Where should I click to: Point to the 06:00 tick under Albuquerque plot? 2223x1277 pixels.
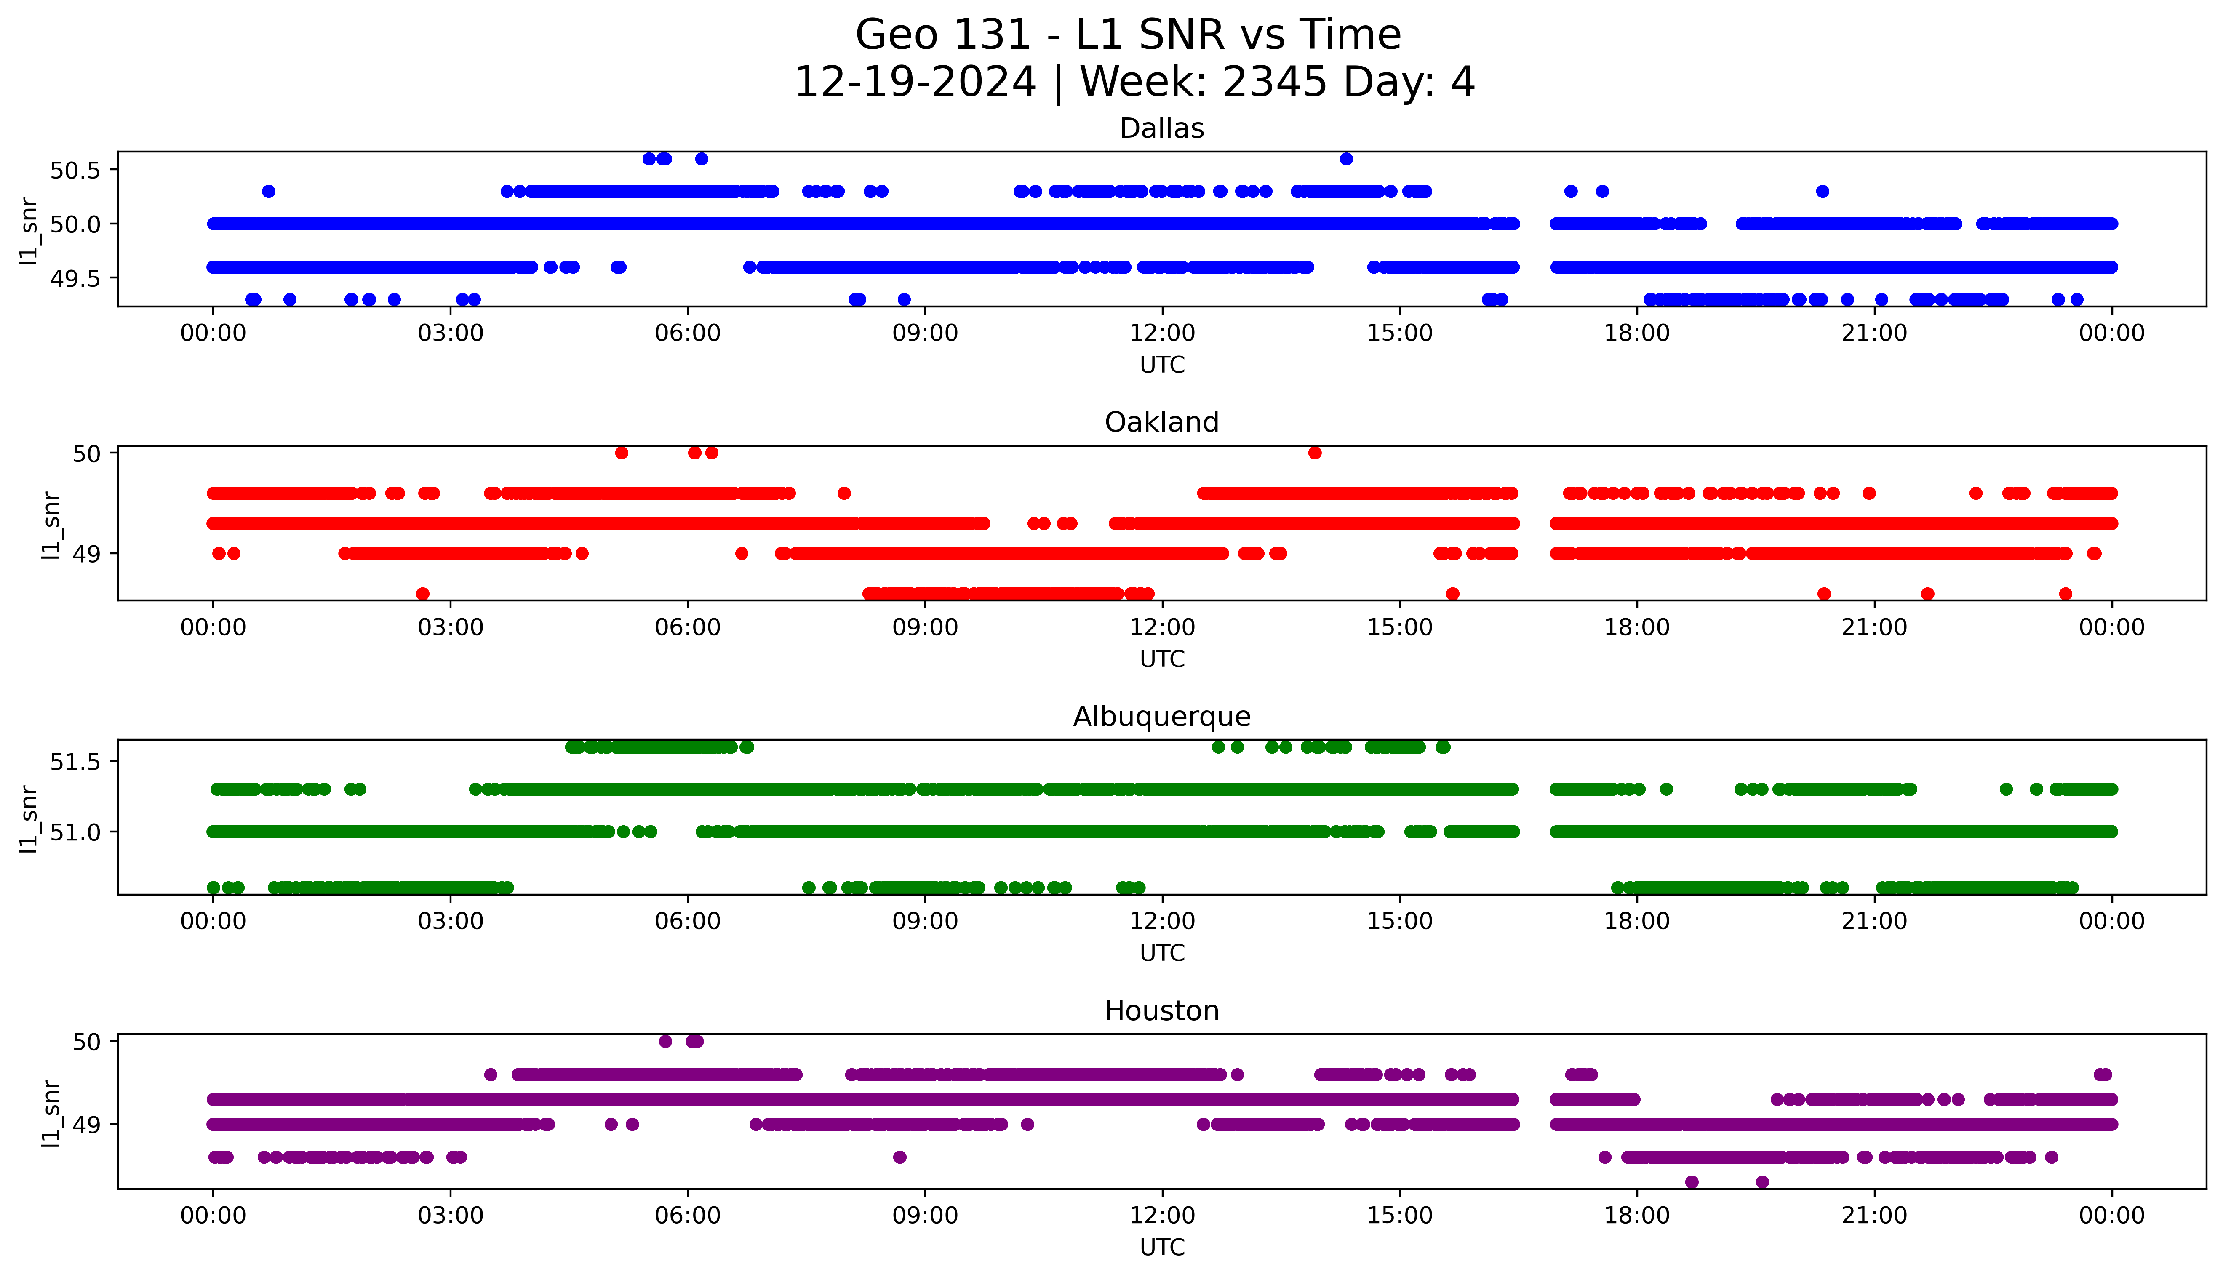click(688, 922)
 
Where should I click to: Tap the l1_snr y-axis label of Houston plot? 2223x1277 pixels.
click(52, 1114)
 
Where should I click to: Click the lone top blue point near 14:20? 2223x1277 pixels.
click(1346, 159)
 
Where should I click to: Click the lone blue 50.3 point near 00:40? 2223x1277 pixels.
click(268, 191)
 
